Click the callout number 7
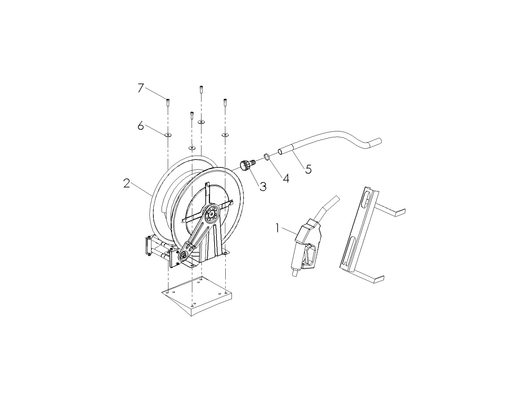[141, 88]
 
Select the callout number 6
[141, 126]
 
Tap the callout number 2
[127, 183]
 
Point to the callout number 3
[263, 186]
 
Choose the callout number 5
[308, 169]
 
